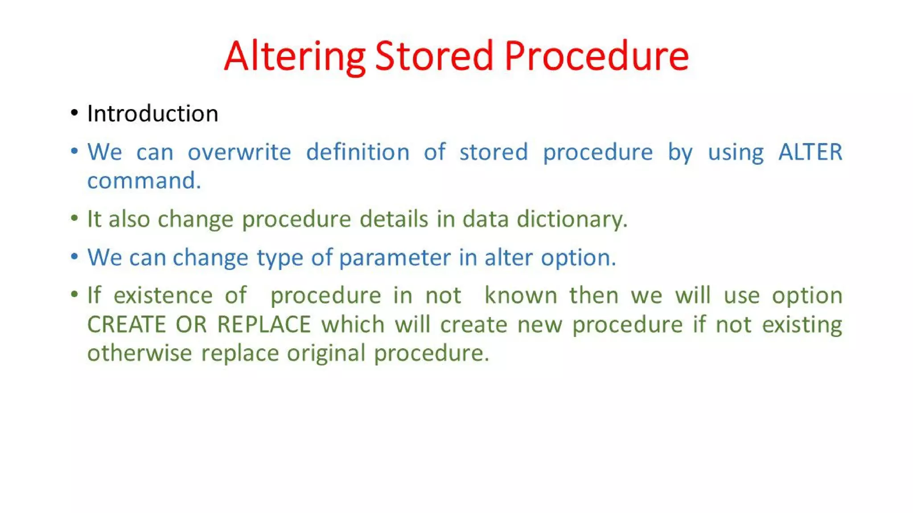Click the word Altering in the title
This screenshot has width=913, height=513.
pyautogui.click(x=294, y=57)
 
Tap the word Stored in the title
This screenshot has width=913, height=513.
pyautogui.click(x=434, y=57)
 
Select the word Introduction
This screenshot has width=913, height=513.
pyautogui.click(x=152, y=114)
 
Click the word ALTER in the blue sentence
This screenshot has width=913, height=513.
pyautogui.click(x=810, y=152)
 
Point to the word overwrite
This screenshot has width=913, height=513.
pyautogui.click(x=239, y=152)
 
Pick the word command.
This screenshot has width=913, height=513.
pyautogui.click(x=144, y=181)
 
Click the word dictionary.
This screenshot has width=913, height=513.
pyautogui.click(x=572, y=219)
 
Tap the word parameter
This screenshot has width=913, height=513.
pyautogui.click(x=395, y=258)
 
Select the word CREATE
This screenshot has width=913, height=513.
pyautogui.click(x=126, y=324)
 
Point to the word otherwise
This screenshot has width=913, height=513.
pyautogui.click(x=139, y=353)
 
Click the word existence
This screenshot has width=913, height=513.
pyautogui.click(x=163, y=296)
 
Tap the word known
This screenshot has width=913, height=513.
pyautogui.click(x=521, y=296)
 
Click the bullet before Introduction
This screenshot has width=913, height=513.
pyautogui.click(x=74, y=113)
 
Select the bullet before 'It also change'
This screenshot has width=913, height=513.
pyautogui.click(x=74, y=219)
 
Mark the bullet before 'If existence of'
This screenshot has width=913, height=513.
pyautogui.click(x=74, y=295)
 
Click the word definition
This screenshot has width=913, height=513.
pyautogui.click(x=358, y=152)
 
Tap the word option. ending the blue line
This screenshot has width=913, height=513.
pyautogui.click(x=578, y=258)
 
